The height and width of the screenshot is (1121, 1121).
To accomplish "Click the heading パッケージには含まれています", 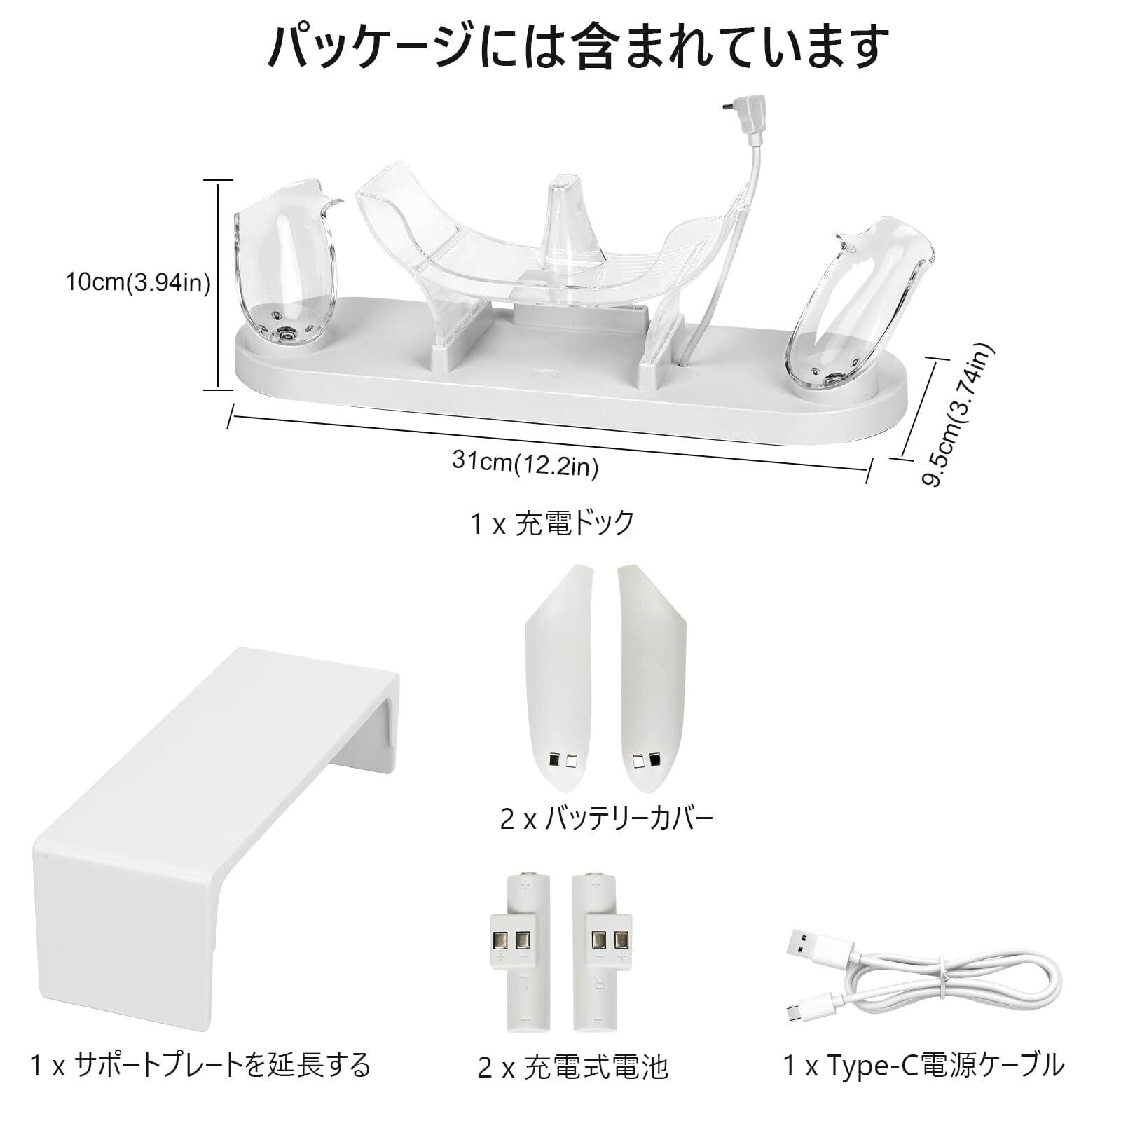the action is (560, 48).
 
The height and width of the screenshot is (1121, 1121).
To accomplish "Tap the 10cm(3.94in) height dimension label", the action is (138, 283).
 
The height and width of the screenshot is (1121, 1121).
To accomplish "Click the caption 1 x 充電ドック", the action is (553, 523).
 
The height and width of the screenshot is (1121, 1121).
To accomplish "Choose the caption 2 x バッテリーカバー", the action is (607, 818).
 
